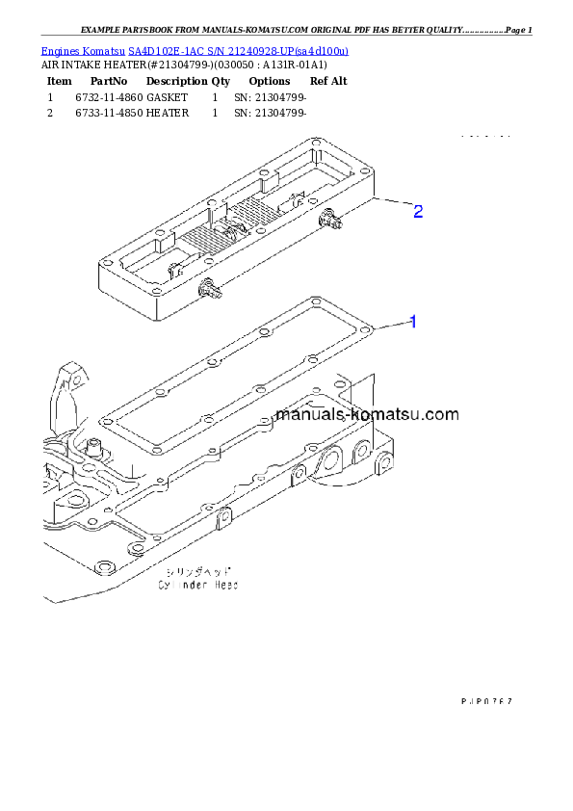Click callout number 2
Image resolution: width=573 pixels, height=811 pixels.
(x=417, y=211)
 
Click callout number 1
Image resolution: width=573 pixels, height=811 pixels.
(x=413, y=322)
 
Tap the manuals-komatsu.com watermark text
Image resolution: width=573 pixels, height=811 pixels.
(x=367, y=415)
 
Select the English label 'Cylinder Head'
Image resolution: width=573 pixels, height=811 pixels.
(x=198, y=585)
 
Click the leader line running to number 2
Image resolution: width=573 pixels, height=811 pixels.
(x=391, y=203)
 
